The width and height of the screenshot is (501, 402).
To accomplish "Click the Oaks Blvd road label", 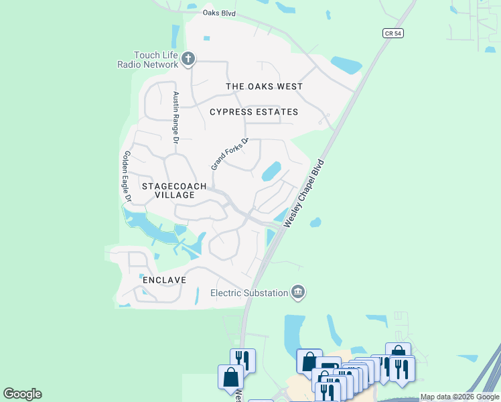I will [x=220, y=12].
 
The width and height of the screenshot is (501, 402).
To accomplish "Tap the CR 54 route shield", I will [x=394, y=32].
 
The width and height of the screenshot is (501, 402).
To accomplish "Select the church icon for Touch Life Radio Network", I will [x=188, y=59].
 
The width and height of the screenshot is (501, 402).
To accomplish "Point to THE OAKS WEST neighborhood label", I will [x=264, y=86].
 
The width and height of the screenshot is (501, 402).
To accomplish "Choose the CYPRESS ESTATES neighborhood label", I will [x=253, y=112].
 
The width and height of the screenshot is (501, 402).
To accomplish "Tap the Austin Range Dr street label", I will [x=175, y=118].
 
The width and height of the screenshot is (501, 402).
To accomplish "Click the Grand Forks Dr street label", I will [x=230, y=153].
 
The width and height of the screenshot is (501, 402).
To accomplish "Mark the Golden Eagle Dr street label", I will [x=125, y=176].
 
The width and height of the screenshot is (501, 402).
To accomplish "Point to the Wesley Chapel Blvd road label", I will [x=304, y=193].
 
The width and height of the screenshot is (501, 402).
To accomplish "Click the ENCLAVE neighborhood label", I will [x=163, y=279].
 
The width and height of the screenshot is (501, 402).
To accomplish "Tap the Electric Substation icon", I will [x=298, y=291].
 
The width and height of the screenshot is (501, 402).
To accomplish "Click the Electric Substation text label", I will [x=248, y=292].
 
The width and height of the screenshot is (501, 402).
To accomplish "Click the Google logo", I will [x=22, y=394].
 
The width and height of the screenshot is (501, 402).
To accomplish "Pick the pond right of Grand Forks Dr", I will [x=271, y=172].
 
